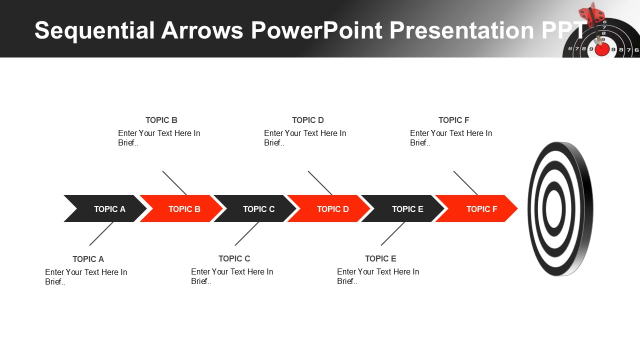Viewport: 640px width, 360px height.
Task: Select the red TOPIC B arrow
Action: tap(182, 208)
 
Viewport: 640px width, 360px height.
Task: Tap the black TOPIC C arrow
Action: tap(256, 208)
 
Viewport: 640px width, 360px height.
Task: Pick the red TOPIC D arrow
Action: tap(330, 208)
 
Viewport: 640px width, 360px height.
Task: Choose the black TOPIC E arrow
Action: tap(404, 208)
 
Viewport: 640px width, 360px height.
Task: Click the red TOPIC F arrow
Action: tap(478, 208)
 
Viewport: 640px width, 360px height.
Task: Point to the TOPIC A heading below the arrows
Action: tap(88, 259)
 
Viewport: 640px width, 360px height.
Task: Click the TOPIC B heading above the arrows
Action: tap(161, 120)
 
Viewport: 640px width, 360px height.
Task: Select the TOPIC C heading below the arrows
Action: tap(234, 258)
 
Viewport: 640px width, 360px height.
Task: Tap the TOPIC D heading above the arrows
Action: tap(308, 120)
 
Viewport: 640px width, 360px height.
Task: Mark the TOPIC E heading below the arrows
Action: tap(380, 258)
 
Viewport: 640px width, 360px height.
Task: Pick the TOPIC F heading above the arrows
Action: tap(454, 120)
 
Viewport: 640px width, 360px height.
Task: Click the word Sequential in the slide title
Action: tap(94, 30)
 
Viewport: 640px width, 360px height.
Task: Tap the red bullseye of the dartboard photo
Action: tap(602, 49)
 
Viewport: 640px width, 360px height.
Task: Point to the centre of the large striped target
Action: tap(554, 208)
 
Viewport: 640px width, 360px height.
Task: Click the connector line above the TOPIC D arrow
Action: tap(320, 183)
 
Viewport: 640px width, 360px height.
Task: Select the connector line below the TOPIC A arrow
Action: tap(101, 233)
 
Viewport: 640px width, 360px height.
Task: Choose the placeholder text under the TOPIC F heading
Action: tap(451, 138)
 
